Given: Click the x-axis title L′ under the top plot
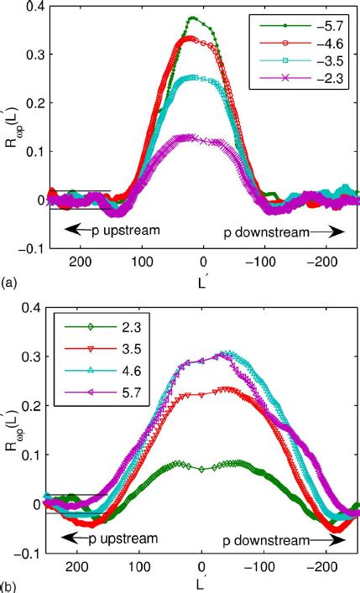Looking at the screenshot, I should pos(202,279).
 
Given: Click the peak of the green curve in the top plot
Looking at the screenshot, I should pos(193,17).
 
